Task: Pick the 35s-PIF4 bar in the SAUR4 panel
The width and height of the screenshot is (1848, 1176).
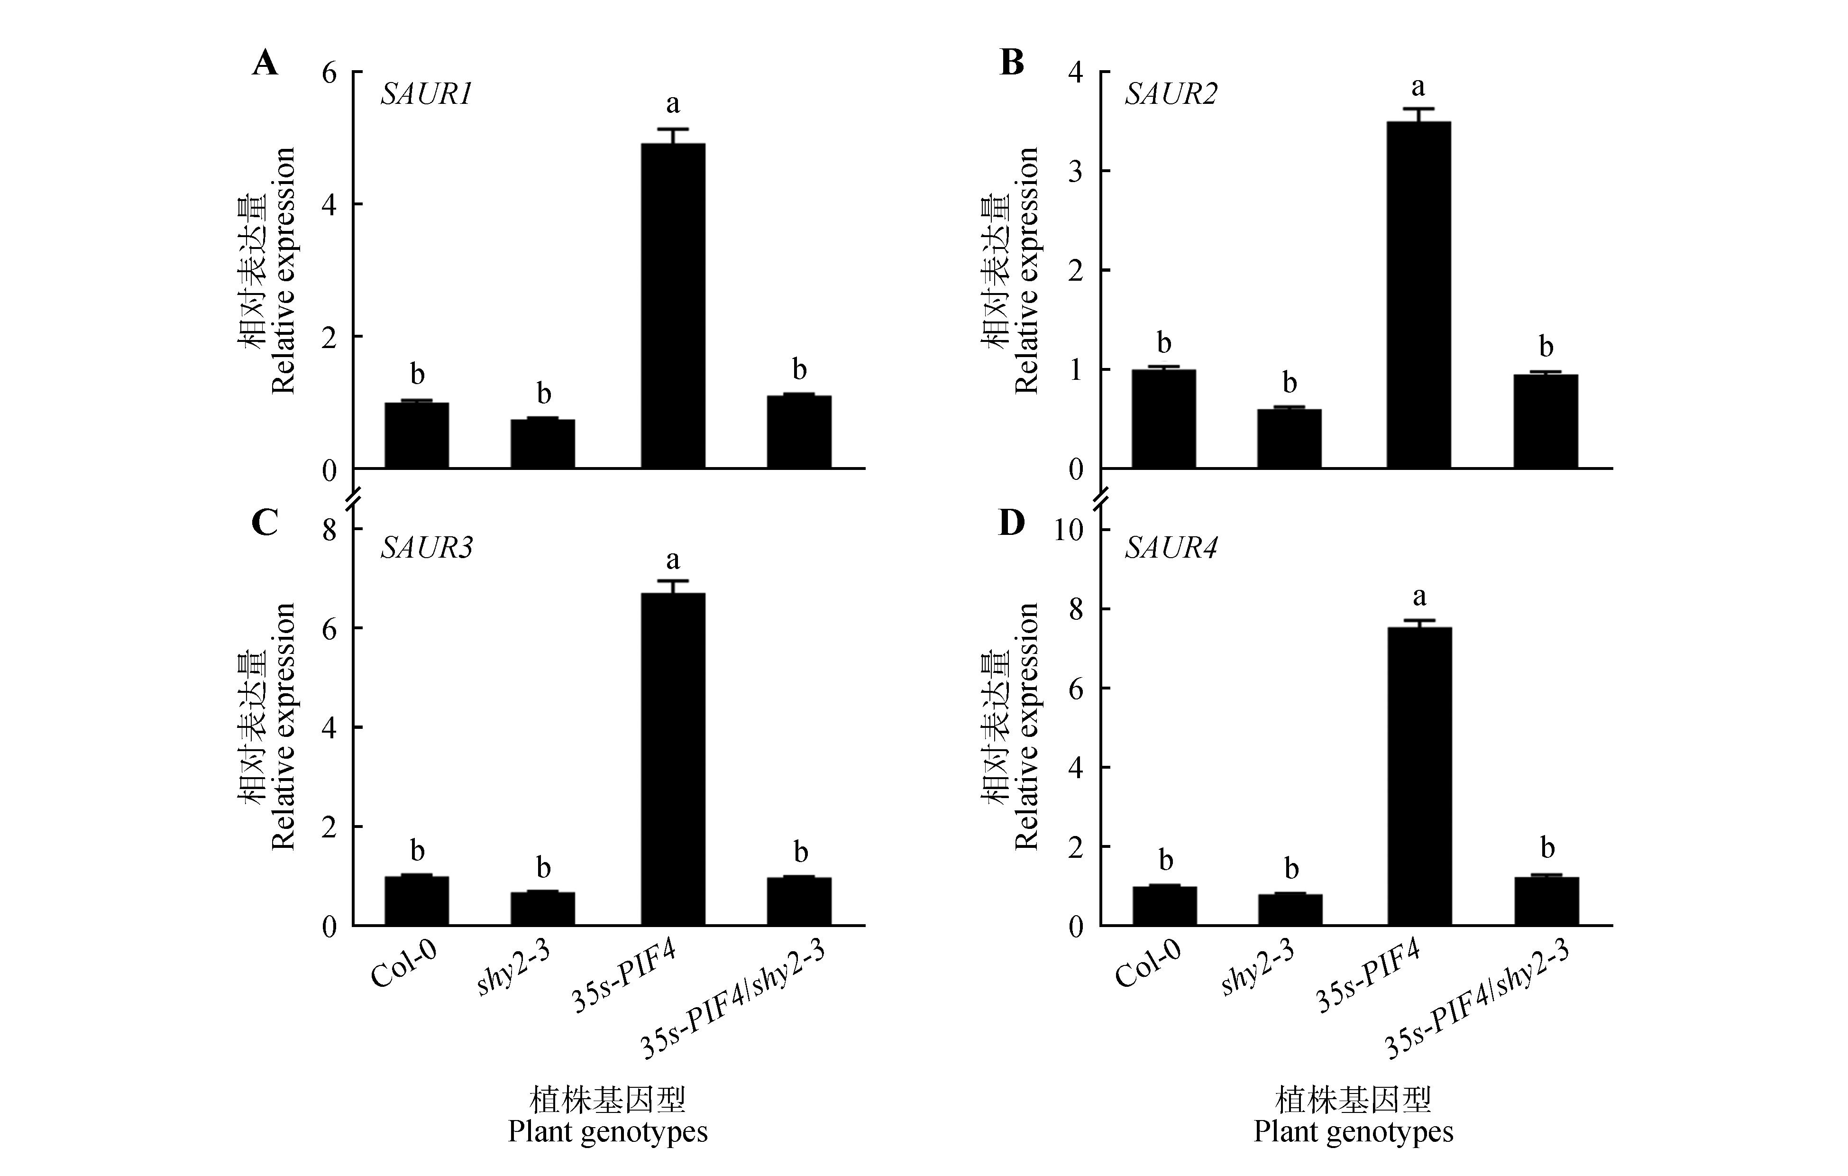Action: [x=1419, y=775]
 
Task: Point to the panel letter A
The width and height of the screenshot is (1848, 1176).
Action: [x=265, y=63]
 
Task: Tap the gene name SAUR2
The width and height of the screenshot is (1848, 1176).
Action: [x=1171, y=94]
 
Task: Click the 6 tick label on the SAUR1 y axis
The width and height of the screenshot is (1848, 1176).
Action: [x=329, y=73]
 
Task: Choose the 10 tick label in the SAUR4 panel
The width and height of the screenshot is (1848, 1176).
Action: [x=1068, y=530]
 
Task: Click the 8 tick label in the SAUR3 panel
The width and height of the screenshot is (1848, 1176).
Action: [x=329, y=530]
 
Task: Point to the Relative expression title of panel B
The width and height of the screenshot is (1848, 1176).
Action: [x=1026, y=270]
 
